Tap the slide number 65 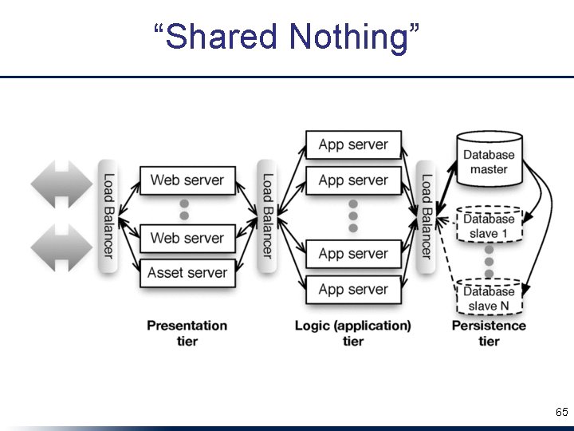click(561, 413)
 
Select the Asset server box click(187, 273)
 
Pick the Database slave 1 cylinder click(489, 226)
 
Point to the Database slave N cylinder click(489, 298)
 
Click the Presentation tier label click(187, 333)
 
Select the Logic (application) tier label click(352, 333)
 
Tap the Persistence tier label click(489, 333)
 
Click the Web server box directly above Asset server click(187, 238)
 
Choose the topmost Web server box click(187, 180)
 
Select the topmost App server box click(353, 144)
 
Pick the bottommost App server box click(353, 290)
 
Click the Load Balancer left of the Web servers click(108, 215)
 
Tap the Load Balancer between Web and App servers click(267, 215)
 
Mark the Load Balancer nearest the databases click(427, 215)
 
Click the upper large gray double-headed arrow click(61, 184)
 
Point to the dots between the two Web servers click(184, 209)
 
